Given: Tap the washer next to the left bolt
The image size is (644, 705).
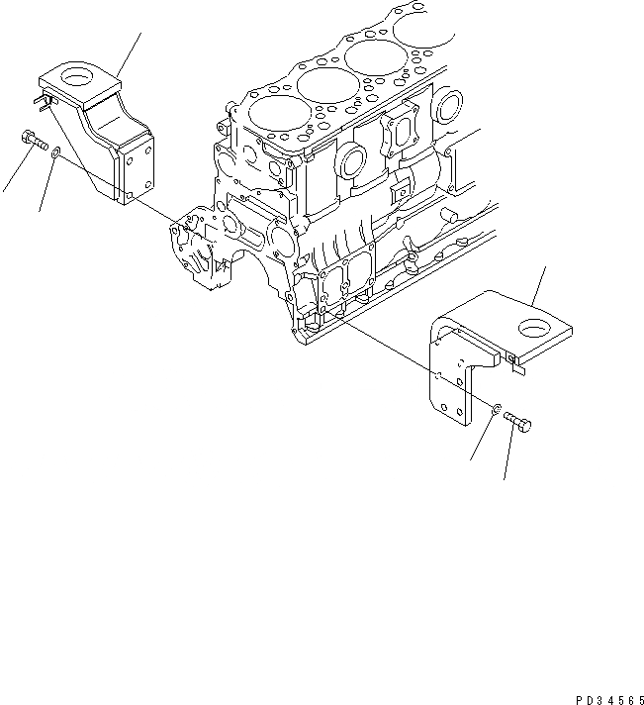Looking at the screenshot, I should click(x=55, y=152).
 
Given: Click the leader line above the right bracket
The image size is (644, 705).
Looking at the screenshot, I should click(x=539, y=283).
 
